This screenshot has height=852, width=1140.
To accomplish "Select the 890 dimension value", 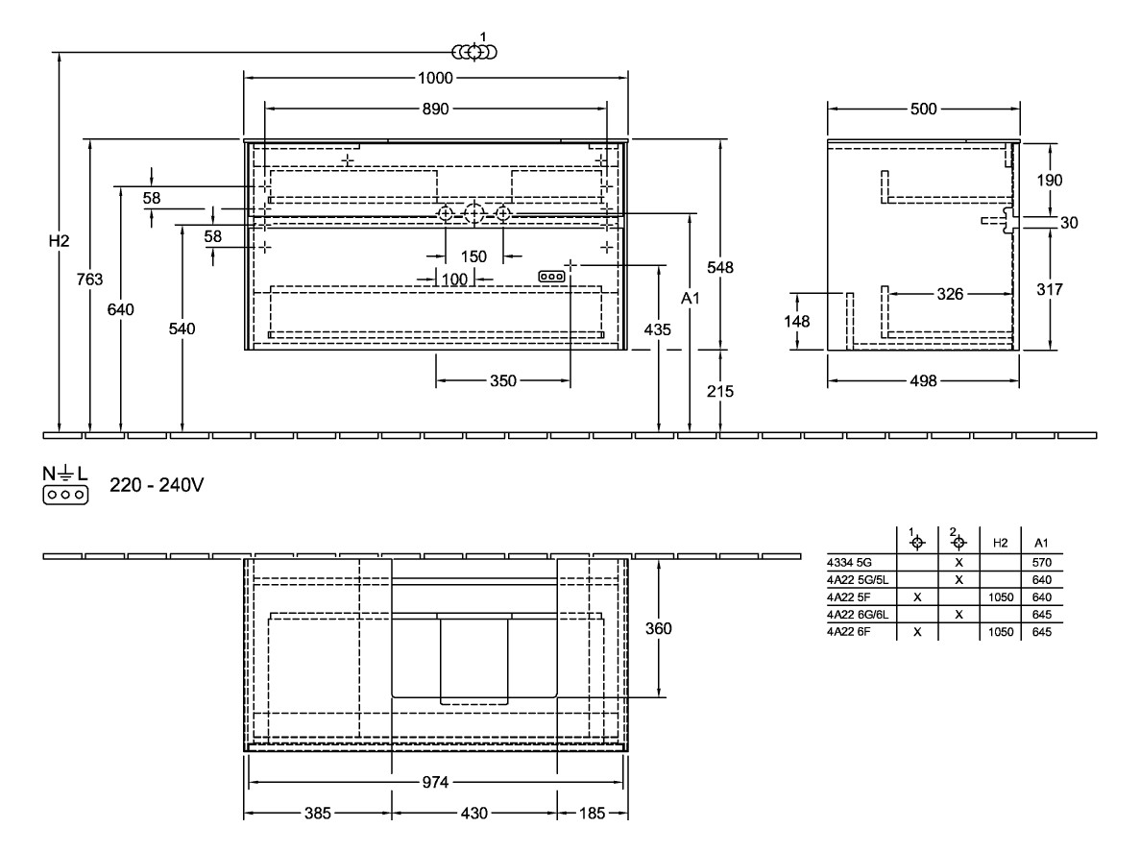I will pos(436,109).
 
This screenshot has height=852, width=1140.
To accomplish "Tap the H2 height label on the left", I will pos(60,241).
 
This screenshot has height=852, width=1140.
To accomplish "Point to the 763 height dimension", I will pos(90,280).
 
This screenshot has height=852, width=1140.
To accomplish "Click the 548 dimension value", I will pos(721,268).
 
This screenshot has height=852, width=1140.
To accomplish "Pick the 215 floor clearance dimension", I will pos(721,391).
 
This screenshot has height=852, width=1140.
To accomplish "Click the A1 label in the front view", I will pos(690,300).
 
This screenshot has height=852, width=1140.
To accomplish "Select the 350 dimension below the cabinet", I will pos(502,381).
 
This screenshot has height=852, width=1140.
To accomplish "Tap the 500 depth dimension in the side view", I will pos(923,110).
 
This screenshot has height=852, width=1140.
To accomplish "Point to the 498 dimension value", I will pos(923,381).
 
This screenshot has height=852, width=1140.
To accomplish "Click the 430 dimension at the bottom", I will pos(474,814).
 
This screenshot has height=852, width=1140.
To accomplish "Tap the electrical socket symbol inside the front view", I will pos(550,276).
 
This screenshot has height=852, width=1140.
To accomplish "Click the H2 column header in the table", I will pos(1000,544).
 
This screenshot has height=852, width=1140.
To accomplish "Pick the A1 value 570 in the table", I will pos(1043,562).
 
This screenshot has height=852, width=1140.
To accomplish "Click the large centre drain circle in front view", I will pos(474,213).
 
